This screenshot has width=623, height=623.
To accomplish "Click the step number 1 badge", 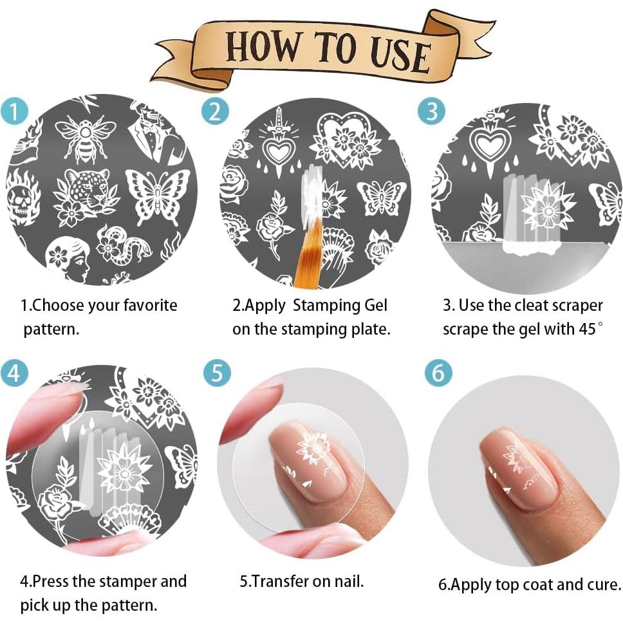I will [14, 111].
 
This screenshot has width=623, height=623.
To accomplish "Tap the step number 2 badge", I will [216, 111].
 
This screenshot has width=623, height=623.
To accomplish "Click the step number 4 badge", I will [14, 373].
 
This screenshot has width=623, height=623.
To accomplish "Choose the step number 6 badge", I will [438, 373].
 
